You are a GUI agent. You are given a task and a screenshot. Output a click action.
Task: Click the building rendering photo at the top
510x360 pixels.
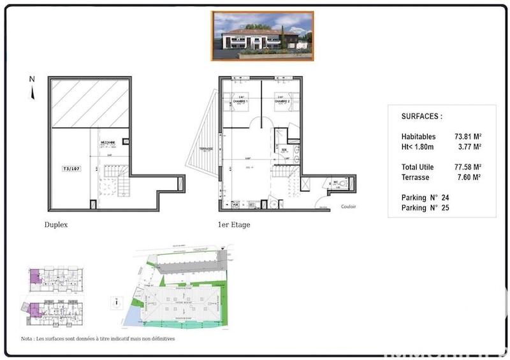point(263,36)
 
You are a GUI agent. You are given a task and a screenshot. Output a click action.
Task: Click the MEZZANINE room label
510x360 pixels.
point(108,145)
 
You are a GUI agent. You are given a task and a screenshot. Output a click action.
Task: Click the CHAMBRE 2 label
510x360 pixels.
point(282,102)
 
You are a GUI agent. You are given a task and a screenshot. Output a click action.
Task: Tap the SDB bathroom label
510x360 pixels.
point(284,150)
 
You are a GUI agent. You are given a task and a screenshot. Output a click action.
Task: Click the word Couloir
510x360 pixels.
point(349,206)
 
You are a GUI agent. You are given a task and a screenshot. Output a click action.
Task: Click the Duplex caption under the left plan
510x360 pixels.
point(56,225)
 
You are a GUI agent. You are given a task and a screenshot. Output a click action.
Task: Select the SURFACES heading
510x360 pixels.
point(421,117)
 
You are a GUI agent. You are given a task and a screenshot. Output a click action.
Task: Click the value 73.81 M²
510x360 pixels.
point(467,136)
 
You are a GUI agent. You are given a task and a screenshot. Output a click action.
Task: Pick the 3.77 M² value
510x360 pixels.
point(469,147)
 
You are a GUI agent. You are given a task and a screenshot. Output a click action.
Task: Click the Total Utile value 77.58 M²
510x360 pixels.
point(467,167)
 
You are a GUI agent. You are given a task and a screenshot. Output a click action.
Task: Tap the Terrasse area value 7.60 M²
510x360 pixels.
point(469,177)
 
